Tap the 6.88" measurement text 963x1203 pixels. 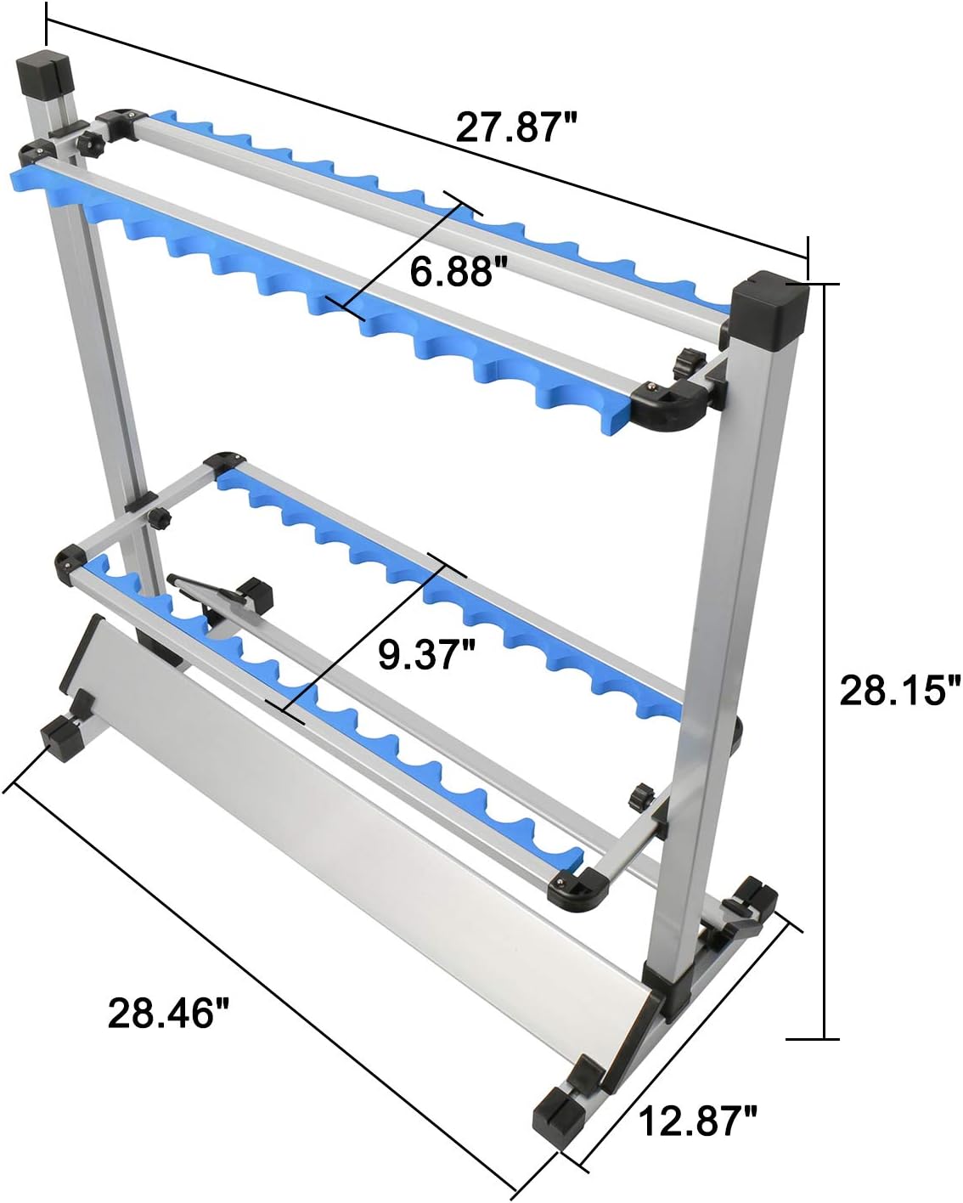[x=452, y=272]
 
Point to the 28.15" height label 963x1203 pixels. [x=900, y=690]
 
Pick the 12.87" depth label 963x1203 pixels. [x=697, y=1122]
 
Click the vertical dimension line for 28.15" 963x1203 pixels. [x=825, y=663]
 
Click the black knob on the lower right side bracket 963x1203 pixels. [x=639, y=797]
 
